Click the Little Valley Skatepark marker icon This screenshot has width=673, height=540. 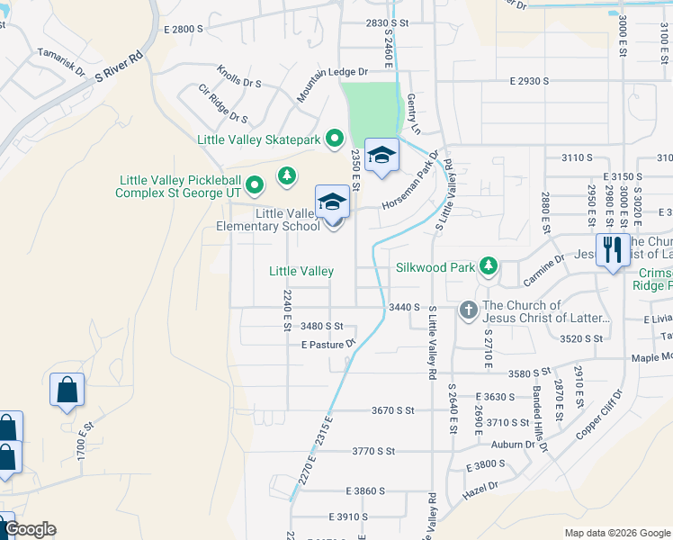[335, 139]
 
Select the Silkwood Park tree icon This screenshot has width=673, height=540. [488, 266]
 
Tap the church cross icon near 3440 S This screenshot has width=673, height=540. [468, 310]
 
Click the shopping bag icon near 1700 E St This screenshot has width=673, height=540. [67, 391]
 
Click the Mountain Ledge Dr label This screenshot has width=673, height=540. [333, 84]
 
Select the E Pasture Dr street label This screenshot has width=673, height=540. [329, 344]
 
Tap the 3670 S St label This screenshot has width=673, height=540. [392, 410]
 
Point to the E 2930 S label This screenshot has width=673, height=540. [529, 81]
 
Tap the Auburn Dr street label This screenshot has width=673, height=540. [513, 445]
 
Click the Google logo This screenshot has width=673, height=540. [30, 528]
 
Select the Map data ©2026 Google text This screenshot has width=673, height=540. [616, 533]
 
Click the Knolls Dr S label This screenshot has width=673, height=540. [238, 76]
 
